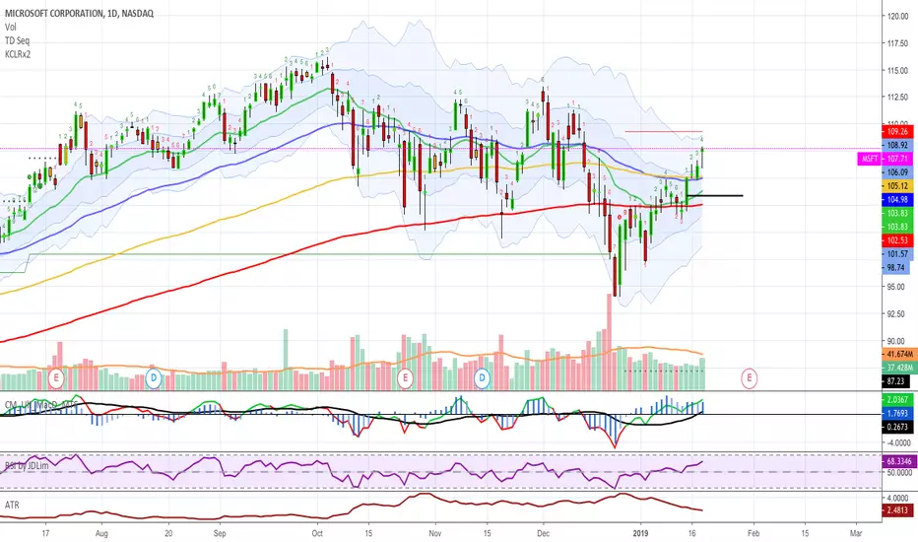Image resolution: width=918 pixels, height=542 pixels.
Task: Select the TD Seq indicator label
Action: point(18,39)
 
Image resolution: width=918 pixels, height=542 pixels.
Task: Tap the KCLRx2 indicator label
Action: point(19,54)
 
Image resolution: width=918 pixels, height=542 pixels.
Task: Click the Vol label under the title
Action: point(11,25)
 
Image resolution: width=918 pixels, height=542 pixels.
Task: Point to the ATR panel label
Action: point(13,503)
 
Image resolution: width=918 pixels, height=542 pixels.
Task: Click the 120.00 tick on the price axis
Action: point(896,16)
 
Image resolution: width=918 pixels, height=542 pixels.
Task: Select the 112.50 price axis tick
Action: point(896,97)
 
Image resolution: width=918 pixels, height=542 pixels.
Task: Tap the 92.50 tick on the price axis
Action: point(895,313)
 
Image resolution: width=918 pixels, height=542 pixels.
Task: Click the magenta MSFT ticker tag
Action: point(869,157)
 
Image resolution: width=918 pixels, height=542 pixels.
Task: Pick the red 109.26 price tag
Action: point(896,130)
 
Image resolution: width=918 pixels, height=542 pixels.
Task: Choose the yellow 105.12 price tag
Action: point(896,184)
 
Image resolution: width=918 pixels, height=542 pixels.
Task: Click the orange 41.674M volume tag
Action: point(896,353)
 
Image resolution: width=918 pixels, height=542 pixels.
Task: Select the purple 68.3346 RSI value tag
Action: point(896,460)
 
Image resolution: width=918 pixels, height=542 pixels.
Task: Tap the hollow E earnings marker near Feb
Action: point(751,377)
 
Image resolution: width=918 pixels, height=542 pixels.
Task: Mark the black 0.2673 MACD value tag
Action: point(896,428)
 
